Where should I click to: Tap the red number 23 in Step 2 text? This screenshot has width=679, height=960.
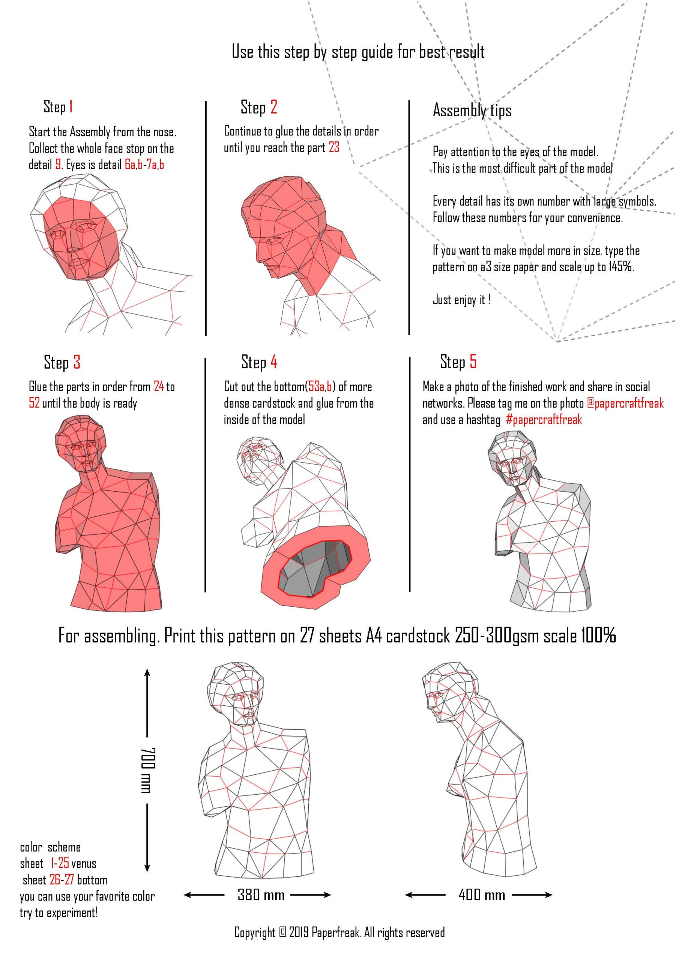[334, 147]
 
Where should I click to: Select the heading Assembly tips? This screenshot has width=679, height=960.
[472, 111]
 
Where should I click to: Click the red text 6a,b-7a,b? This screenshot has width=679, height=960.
[144, 164]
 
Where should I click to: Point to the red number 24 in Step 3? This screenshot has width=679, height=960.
[159, 386]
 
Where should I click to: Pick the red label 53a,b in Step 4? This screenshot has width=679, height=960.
[320, 386]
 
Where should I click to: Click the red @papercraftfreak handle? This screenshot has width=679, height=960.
[625, 403]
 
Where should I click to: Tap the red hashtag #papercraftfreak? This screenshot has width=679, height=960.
[544, 419]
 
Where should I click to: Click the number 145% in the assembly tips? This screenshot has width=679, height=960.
[621, 266]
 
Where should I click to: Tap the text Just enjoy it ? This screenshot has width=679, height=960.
[462, 299]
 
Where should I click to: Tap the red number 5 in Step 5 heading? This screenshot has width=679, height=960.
[473, 361]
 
